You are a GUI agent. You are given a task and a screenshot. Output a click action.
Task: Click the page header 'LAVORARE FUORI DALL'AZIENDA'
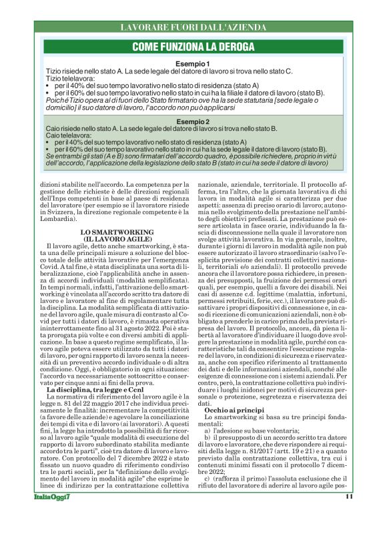[x=193, y=27]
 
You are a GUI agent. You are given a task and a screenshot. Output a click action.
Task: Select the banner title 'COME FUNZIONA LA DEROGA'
[x=193, y=47]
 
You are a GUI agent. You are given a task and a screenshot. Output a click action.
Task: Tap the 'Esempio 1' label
[x=193, y=63]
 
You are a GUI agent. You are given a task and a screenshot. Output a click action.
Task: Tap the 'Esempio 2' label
[x=193, y=121]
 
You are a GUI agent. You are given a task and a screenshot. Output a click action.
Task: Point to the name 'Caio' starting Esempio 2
[x=53, y=129]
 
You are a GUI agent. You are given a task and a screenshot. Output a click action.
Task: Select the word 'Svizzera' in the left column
[x=60, y=210]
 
